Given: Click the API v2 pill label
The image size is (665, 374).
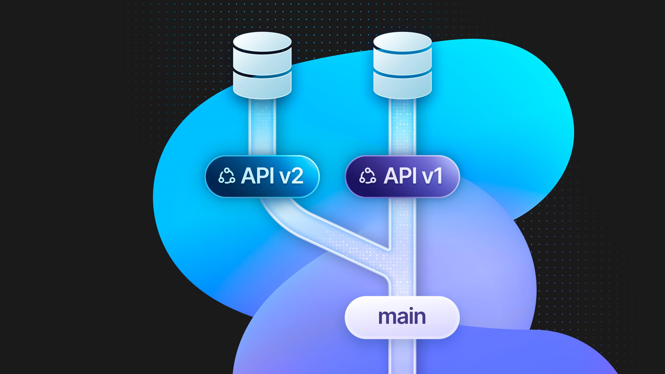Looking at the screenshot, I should (x=262, y=176).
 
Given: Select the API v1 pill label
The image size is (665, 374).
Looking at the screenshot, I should (x=402, y=176).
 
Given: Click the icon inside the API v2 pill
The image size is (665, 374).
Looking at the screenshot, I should (x=227, y=176).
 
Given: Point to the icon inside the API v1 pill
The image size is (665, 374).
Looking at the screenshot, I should (x=367, y=176).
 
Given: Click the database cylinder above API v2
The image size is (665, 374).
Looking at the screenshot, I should (x=262, y=65).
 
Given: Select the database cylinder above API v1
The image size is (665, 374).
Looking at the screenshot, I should (x=402, y=65).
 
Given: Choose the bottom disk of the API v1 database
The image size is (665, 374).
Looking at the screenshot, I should (x=402, y=86).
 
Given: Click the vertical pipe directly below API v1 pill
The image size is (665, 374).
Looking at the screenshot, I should (x=402, y=219).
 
